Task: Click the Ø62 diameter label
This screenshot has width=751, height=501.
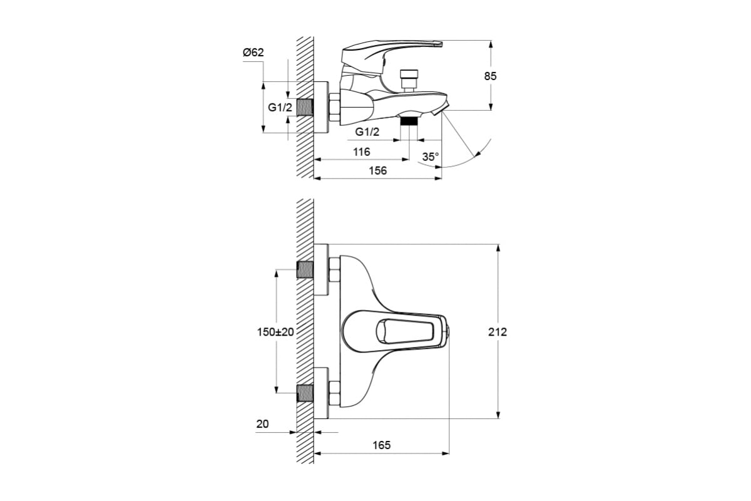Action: (253, 53)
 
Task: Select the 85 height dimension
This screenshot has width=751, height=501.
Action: (490, 76)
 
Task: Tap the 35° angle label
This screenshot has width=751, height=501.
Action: (431, 157)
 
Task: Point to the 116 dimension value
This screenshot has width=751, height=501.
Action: (362, 152)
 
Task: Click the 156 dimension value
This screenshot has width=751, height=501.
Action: (378, 171)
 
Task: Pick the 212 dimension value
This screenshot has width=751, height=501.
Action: (498, 332)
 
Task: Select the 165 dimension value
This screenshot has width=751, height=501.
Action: (382, 445)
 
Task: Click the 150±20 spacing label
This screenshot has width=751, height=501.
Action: (275, 332)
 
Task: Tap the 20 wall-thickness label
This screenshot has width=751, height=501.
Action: (262, 424)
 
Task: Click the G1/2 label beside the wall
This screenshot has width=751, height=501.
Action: (280, 107)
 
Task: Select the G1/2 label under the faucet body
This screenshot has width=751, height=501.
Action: (367, 132)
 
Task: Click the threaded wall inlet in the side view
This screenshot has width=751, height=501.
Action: (305, 107)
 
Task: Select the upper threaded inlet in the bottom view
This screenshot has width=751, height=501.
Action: (305, 270)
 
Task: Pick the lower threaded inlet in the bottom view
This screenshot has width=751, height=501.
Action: (305, 393)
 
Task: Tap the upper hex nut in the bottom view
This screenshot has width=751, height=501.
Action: (335, 270)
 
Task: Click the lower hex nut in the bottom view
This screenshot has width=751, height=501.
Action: (335, 393)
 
